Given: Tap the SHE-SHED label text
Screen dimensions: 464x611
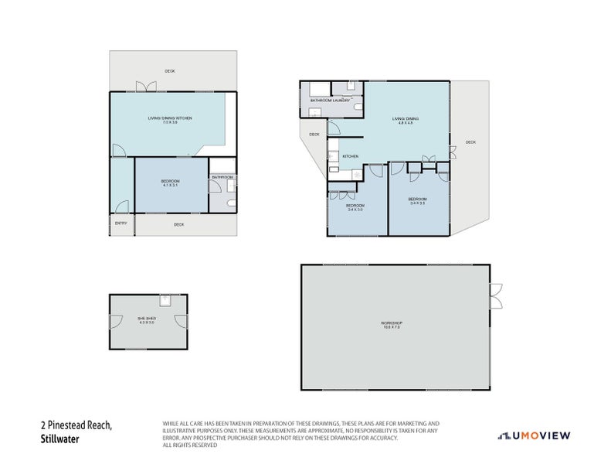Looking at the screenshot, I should [x=147, y=319].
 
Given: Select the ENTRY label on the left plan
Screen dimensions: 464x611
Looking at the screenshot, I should [x=121, y=223].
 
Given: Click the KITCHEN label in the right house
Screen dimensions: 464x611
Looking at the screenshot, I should [x=351, y=157].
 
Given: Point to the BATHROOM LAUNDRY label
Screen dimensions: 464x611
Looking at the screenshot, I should [x=331, y=101].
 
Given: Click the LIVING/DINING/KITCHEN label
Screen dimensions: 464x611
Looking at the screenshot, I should [x=170, y=119].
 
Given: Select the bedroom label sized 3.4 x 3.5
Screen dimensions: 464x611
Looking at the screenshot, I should [x=417, y=201].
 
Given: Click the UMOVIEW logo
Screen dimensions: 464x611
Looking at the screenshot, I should [x=533, y=436].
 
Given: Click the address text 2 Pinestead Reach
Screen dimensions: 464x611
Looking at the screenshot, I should [x=76, y=425].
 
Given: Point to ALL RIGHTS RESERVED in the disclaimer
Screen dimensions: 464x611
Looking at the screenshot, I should [x=190, y=445].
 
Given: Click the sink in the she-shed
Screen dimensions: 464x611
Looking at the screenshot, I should [x=164, y=299].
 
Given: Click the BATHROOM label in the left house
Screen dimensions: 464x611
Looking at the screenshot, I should [x=223, y=177].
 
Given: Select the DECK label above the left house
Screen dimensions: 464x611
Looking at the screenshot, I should [x=169, y=71].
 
